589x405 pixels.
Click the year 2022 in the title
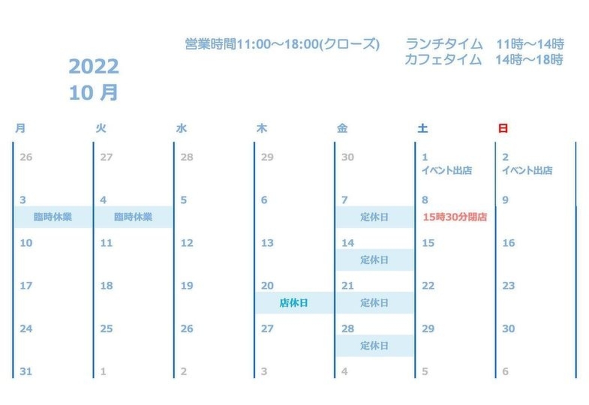94,67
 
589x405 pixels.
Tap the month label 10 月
94,93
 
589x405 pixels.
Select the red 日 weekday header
503,128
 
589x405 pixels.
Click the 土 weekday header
422,128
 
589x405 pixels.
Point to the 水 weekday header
181,128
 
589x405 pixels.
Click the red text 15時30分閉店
455,217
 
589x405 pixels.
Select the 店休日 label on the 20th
294,303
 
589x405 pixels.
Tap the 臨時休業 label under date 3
53,217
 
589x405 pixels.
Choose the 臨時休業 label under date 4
134,217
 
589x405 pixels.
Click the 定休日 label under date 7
374,217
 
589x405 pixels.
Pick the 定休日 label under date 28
374,346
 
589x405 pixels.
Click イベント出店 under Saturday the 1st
446,170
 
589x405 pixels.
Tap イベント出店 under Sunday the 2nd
527,170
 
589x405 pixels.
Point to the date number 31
26,371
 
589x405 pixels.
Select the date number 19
187,286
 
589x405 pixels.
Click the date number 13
267,243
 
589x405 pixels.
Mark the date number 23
509,286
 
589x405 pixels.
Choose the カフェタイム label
443,60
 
